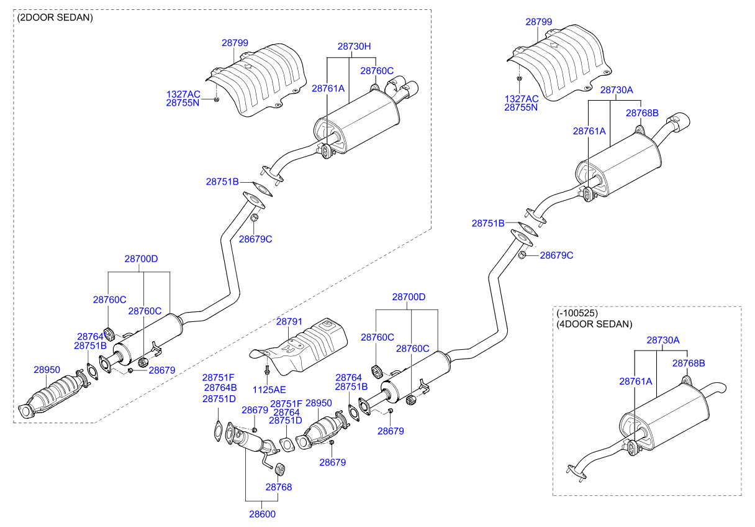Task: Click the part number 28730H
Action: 354,46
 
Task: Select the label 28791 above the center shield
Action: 289,321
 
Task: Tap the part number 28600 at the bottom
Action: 263,514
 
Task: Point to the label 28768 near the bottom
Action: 279,488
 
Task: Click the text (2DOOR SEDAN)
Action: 55,17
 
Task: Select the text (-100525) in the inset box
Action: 577,313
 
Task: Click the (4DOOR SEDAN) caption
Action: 594,324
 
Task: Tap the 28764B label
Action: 220,388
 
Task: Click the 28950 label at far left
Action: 46,369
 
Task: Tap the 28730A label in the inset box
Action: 663,340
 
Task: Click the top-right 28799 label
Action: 538,21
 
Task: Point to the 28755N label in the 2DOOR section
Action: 183,103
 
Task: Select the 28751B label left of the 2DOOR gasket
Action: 222,182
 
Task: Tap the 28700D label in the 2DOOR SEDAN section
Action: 141,258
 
